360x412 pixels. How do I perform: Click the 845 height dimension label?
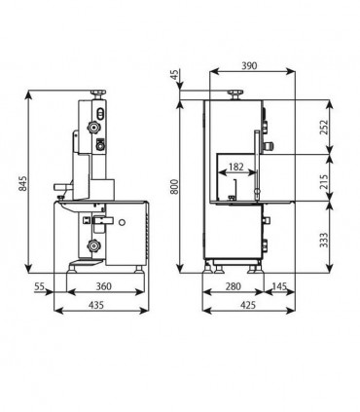click(23, 184)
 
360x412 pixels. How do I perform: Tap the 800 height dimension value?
click(174, 186)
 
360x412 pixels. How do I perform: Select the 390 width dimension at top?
click(249, 66)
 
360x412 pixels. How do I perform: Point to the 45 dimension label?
click(174, 75)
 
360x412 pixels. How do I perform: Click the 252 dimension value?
click(324, 128)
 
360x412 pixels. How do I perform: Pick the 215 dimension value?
click(324, 177)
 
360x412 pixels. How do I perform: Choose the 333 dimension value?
click(324, 240)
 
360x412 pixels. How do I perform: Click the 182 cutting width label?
click(235, 167)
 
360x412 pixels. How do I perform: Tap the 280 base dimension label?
click(234, 286)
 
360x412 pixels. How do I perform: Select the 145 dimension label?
click(279, 286)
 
